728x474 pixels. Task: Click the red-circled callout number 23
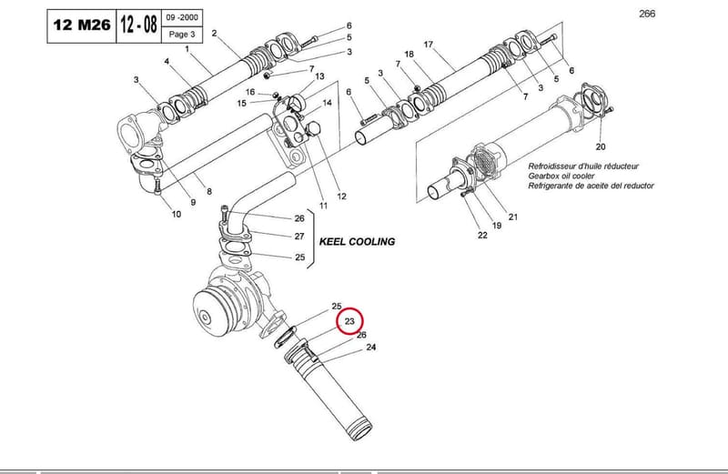point(349,321)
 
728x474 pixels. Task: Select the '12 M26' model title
point(82,25)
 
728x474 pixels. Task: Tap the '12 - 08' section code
point(138,25)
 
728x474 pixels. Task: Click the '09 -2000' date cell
point(182,17)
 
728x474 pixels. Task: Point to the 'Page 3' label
point(182,34)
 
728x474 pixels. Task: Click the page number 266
point(647,14)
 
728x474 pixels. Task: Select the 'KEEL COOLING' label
point(357,241)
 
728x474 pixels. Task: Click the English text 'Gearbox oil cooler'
point(561,176)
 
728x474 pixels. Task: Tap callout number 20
point(601,146)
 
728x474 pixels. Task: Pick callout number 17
point(428,45)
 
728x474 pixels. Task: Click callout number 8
point(209,191)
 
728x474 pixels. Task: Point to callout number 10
point(177,214)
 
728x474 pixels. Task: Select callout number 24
point(371,347)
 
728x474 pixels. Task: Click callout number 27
point(299,237)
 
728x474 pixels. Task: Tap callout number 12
point(342,197)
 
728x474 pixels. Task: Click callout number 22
point(483,235)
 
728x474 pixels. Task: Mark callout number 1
point(187,49)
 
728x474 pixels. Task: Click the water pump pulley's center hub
point(205,318)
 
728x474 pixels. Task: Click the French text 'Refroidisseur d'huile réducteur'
point(583,166)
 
